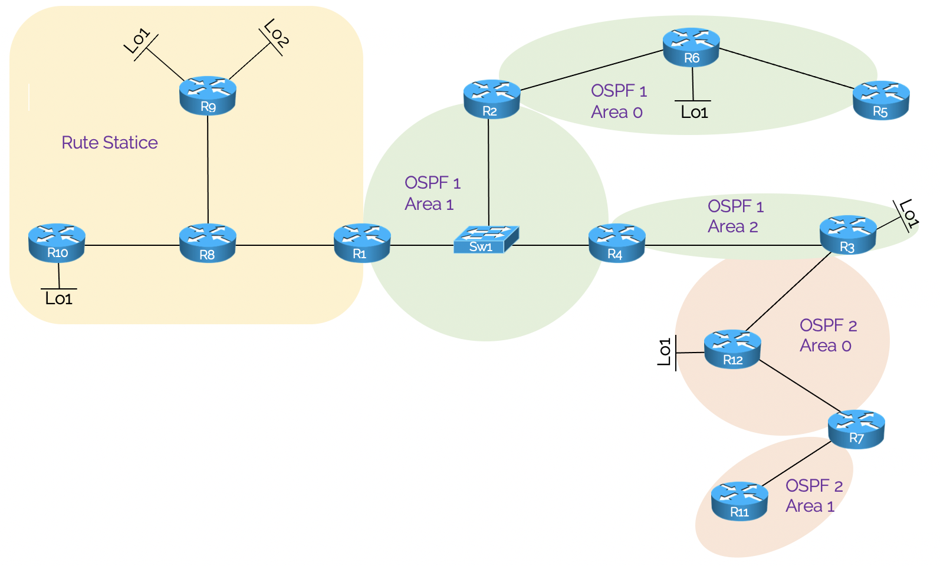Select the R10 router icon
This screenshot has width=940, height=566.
(57, 242)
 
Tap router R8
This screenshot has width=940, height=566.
(208, 243)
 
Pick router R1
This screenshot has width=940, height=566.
(361, 243)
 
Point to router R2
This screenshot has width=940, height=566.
(491, 99)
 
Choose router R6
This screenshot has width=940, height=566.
(691, 47)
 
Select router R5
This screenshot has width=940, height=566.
(881, 100)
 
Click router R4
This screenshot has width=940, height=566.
(616, 243)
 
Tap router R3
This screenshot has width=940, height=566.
(847, 235)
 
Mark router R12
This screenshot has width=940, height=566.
(732, 349)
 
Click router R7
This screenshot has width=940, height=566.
(856, 429)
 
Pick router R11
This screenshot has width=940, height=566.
(739, 501)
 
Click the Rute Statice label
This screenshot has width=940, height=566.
(110, 143)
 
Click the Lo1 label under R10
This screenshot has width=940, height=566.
(59, 299)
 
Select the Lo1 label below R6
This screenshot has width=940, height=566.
(694, 112)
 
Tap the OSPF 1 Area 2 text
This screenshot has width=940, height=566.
(735, 216)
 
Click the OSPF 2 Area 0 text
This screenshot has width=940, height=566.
(827, 335)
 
